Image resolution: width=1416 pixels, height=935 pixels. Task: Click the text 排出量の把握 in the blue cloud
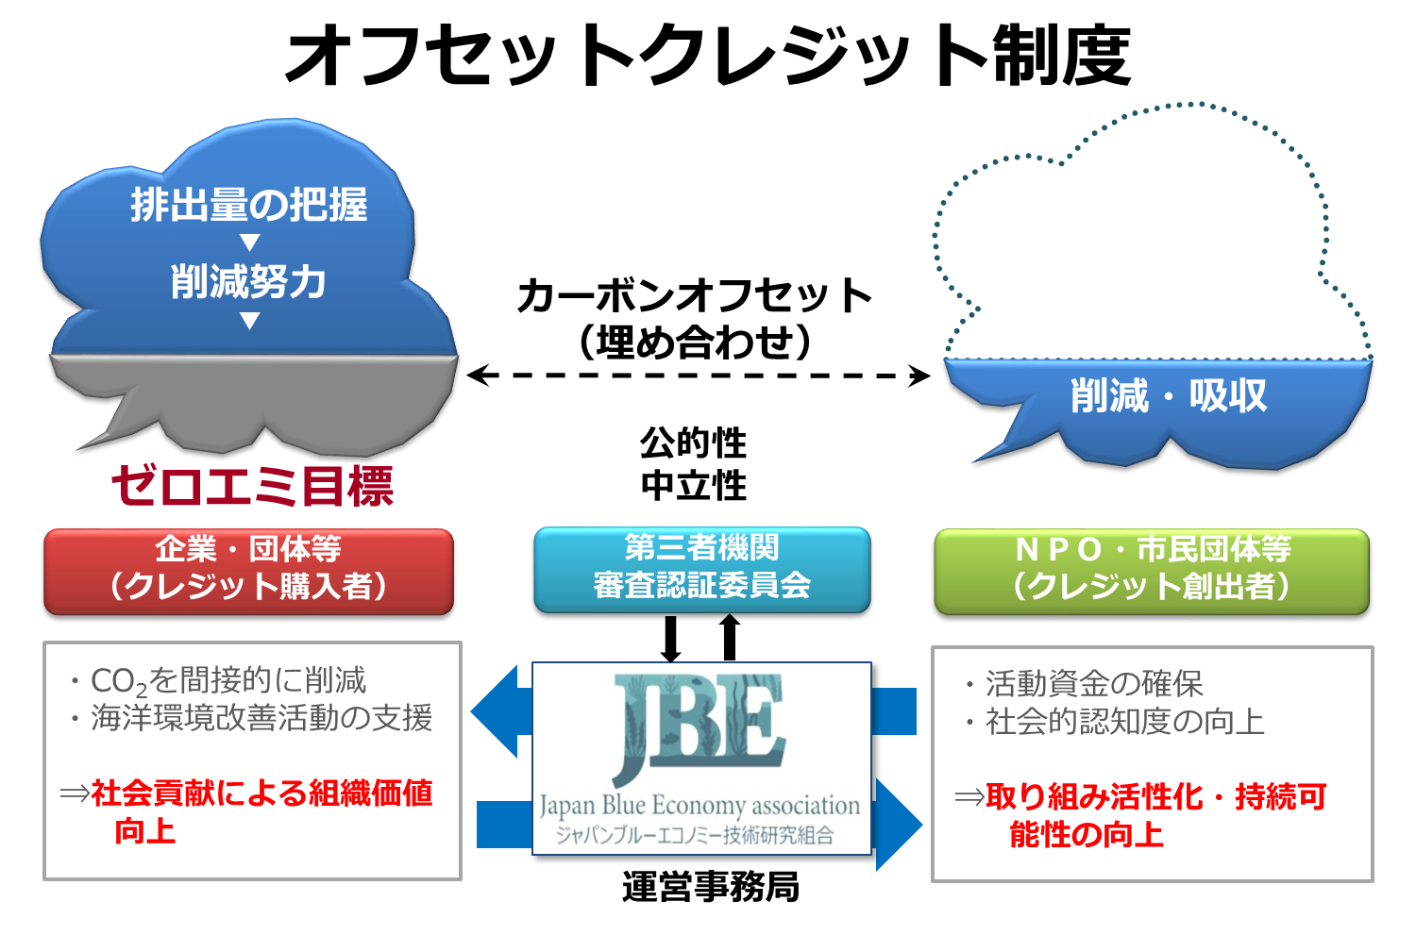point(249,205)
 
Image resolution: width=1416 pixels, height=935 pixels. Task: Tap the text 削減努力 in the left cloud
point(249,282)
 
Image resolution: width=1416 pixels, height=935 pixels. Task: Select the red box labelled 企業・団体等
point(248,570)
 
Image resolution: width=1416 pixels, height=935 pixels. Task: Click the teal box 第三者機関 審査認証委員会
point(701,568)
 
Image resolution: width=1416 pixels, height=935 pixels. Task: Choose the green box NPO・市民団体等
point(1151,570)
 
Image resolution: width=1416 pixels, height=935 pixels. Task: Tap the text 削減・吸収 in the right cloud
point(1168,396)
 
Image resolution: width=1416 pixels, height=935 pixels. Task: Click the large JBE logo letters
point(700,727)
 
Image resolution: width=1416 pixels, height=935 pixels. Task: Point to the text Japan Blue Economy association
point(700,806)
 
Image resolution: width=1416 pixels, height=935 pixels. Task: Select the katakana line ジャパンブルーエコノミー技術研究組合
point(695,835)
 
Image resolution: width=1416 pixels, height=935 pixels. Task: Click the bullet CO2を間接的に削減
point(227,680)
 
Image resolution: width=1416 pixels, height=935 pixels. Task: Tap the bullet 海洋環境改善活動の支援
point(260,718)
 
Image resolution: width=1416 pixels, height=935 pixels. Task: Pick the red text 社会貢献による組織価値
point(261,793)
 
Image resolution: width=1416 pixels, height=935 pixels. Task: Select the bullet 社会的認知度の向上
point(1123,722)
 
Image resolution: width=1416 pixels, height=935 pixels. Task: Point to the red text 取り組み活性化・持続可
point(1155,797)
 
